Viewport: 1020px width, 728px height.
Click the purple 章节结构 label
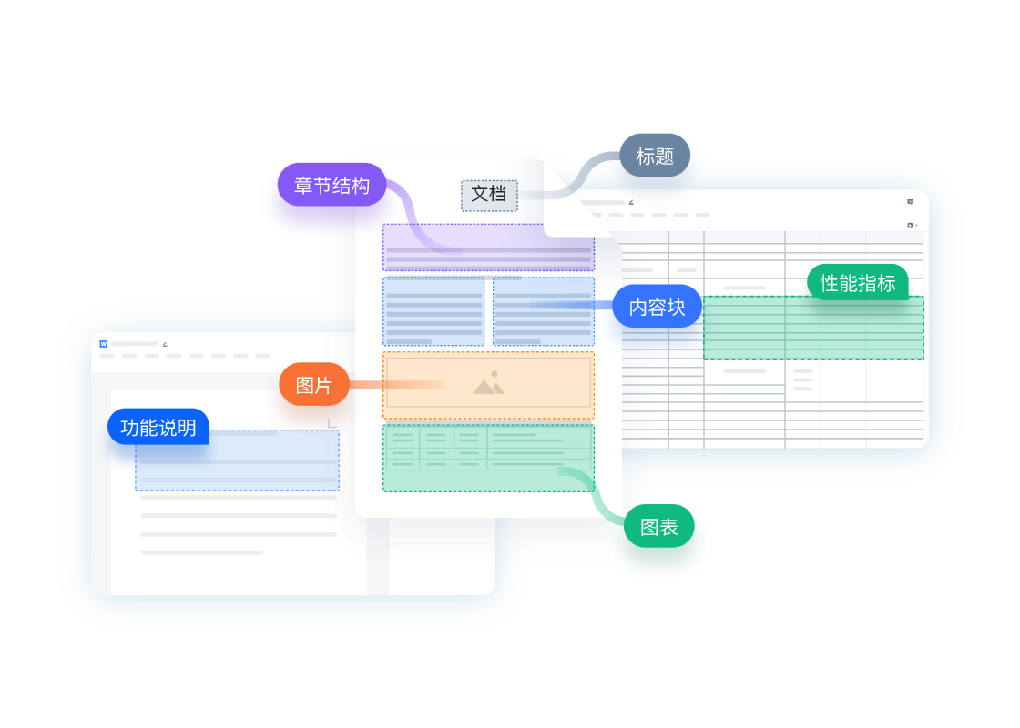pos(331,185)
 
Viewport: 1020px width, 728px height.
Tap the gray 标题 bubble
pos(655,157)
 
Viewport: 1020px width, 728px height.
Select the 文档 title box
pos(489,195)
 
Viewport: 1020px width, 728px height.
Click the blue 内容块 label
pos(657,307)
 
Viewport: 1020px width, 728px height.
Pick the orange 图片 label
pos(314,385)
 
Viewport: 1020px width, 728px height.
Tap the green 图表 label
pos(659,527)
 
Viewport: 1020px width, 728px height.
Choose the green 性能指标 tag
pos(857,283)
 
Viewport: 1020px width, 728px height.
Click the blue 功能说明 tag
pos(158,428)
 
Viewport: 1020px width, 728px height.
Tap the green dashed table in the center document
pos(488,458)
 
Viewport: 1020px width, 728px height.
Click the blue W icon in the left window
pos(104,344)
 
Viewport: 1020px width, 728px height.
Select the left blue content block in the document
pos(433,311)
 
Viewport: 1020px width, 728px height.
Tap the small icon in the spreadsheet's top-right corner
pos(910,201)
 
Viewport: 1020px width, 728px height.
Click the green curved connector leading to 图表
pos(593,492)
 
